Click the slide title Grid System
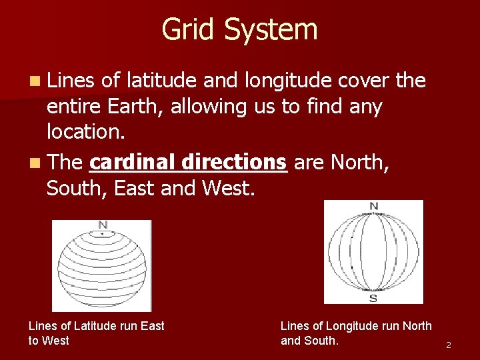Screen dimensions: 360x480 (239, 30)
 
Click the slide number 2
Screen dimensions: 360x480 (449, 345)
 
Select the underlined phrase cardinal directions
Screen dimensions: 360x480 (188, 161)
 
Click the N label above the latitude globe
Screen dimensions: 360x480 (102, 225)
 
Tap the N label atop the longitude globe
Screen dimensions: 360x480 (373, 206)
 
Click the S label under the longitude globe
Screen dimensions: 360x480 (373, 298)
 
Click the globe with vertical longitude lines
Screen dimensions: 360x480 (373, 252)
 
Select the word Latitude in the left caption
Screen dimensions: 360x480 (95, 326)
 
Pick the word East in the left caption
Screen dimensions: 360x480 (152, 326)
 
